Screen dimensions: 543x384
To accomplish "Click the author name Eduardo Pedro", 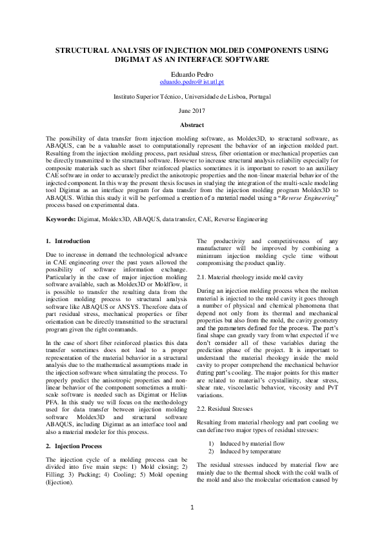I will (192, 74).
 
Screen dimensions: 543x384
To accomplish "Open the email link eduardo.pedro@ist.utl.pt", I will (192, 83).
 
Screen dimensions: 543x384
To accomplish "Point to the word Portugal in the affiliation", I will (258, 96).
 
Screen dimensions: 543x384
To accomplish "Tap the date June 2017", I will (192, 110).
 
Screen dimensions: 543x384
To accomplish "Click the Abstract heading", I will (192, 125).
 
